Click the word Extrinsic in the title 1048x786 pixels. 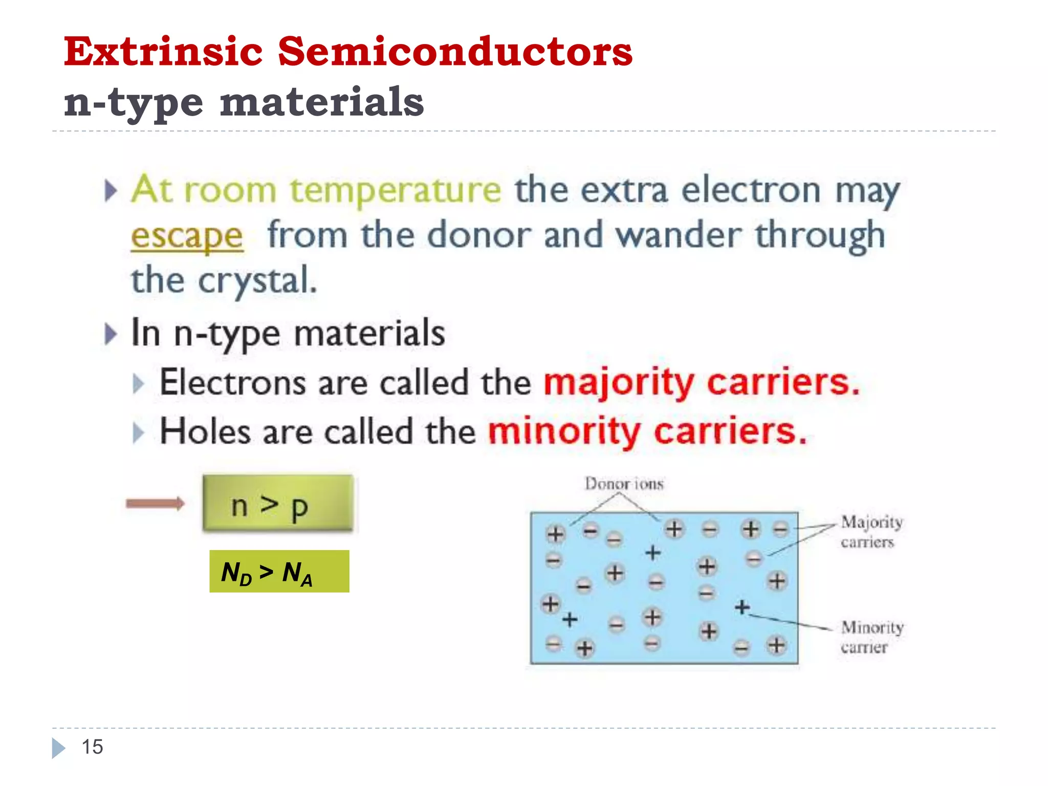[x=163, y=52]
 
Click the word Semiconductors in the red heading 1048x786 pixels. [x=455, y=52]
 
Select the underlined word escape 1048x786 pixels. [x=187, y=236]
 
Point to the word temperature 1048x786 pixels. [x=395, y=190]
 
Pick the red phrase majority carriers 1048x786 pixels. [x=702, y=383]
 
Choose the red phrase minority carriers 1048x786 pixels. [x=647, y=432]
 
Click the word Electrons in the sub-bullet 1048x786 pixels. [x=232, y=383]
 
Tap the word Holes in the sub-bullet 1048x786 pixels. [x=205, y=432]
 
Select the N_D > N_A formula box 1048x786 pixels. [x=279, y=572]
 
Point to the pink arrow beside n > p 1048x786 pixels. [x=155, y=504]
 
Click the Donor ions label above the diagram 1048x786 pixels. [x=624, y=484]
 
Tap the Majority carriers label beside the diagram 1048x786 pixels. [x=871, y=531]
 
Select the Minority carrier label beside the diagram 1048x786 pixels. [x=871, y=637]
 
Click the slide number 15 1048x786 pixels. [x=92, y=747]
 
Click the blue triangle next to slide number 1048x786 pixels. [x=58, y=748]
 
